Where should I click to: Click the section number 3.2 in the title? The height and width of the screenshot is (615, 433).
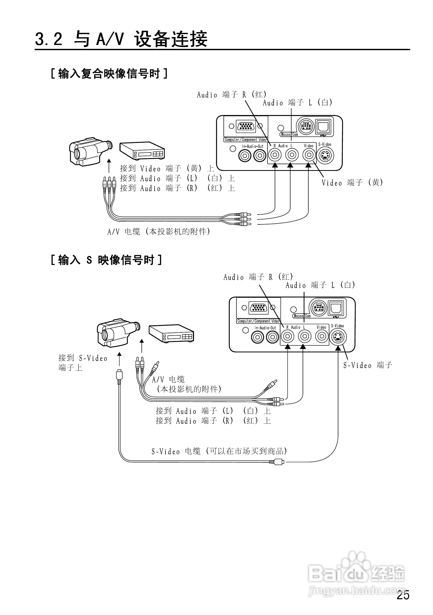pyautogui.click(x=49, y=39)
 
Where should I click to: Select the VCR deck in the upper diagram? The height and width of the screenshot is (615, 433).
pyautogui.click(x=142, y=150)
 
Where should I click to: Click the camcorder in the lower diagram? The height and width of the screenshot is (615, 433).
pyautogui.click(x=117, y=332)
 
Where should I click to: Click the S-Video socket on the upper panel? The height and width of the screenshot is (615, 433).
pyautogui.click(x=325, y=155)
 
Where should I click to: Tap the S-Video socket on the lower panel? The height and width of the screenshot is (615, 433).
pyautogui.click(x=338, y=337)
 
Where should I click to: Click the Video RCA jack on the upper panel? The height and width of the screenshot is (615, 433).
pyautogui.click(x=309, y=155)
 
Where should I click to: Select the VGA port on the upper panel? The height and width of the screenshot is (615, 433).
pyautogui.click(x=246, y=126)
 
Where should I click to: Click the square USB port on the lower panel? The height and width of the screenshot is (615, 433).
pyautogui.click(x=336, y=308)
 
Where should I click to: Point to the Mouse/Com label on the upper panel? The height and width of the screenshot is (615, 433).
pyautogui.click(x=289, y=134)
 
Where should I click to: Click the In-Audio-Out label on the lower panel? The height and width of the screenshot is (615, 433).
pyautogui.click(x=265, y=328)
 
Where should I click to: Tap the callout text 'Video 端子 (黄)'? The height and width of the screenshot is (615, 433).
pyautogui.click(x=352, y=183)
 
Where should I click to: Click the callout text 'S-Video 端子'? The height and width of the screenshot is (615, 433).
pyautogui.click(x=368, y=365)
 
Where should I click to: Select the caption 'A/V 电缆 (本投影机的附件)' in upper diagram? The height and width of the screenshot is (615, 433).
pyautogui.click(x=159, y=231)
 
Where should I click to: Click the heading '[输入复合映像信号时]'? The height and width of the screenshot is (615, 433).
pyautogui.click(x=109, y=73)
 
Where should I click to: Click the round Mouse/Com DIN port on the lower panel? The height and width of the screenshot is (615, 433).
pyautogui.click(x=318, y=308)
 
